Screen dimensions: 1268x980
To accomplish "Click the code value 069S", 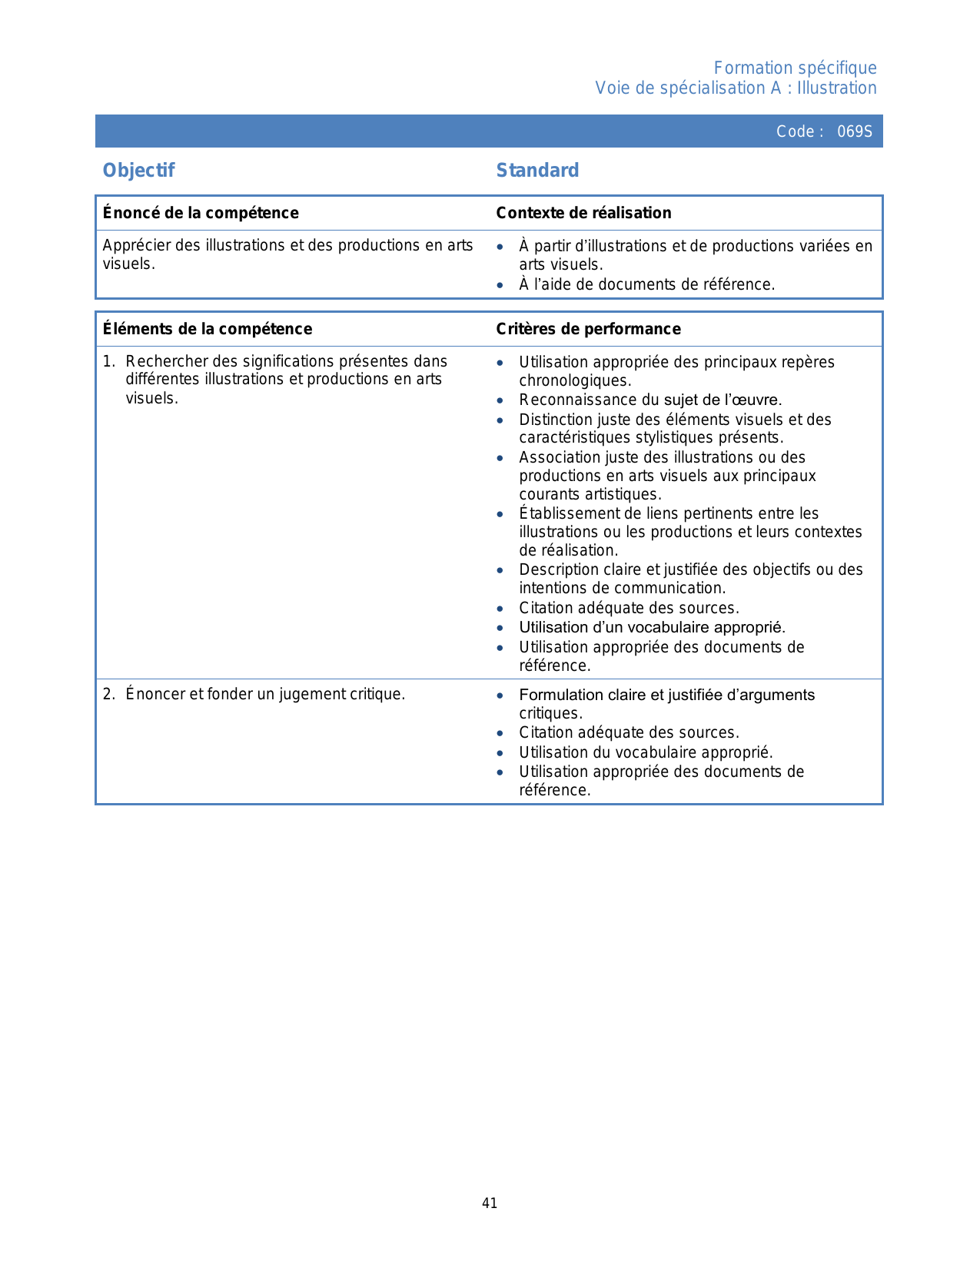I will pyautogui.click(x=855, y=131).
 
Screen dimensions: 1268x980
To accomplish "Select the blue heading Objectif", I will pyautogui.click(x=139, y=171).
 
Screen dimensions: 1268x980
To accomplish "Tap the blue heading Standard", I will pyautogui.click(x=537, y=171).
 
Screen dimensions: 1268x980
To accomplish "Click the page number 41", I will pyautogui.click(x=490, y=1203).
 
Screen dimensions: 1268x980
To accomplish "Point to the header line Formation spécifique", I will pyautogui.click(x=795, y=68).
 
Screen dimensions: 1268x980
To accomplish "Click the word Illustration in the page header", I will pyautogui.click(x=836, y=88).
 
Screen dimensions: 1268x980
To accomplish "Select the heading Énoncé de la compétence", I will pyautogui.click(x=201, y=213).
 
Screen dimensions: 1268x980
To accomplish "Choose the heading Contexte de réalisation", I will pyautogui.click(x=583, y=213).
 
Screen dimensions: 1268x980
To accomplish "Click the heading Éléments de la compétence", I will pyautogui.click(x=208, y=329).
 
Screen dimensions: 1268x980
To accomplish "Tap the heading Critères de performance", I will pyautogui.click(x=588, y=329).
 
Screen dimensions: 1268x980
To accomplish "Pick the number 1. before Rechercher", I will pyautogui.click(x=108, y=362).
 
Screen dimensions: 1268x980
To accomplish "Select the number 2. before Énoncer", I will pyautogui.click(x=108, y=695).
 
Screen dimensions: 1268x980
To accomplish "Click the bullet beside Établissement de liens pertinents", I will pyautogui.click(x=500, y=514).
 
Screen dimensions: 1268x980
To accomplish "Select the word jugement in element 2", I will pyautogui.click(x=313, y=695).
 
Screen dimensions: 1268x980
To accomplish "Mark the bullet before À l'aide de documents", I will pyautogui.click(x=500, y=285).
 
